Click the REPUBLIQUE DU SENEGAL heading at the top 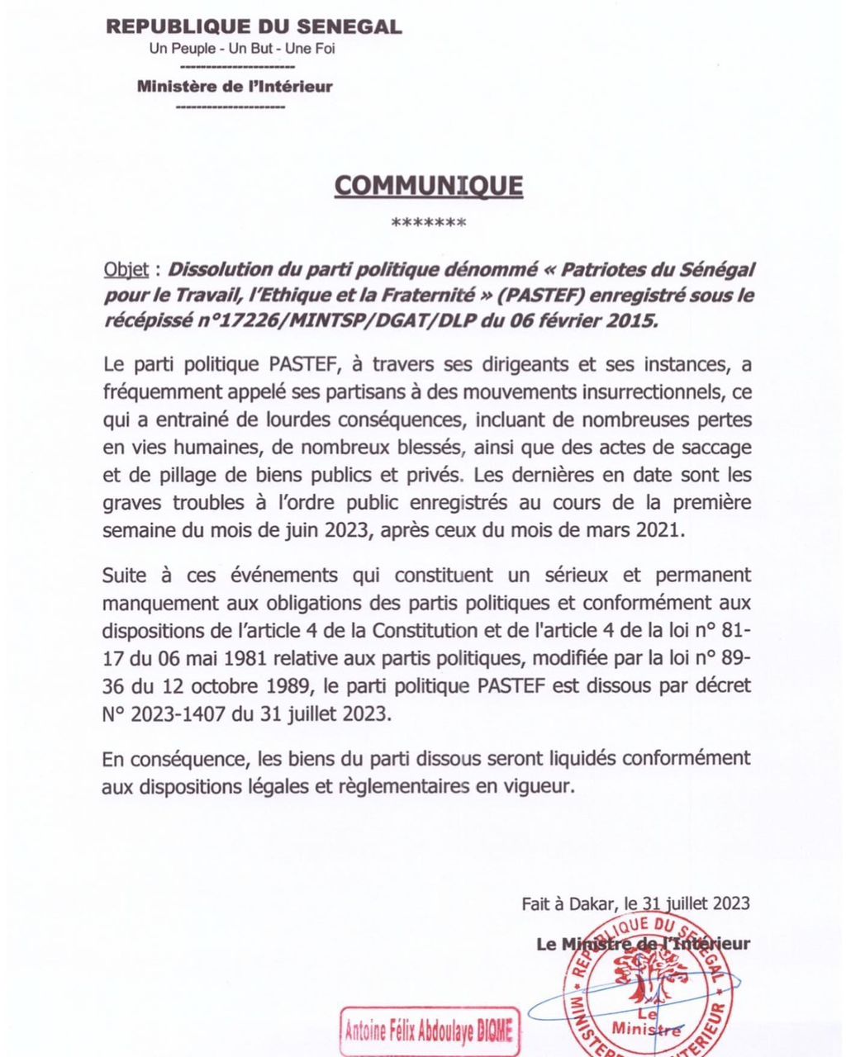(x=254, y=26)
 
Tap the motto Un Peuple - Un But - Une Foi (x=242, y=49)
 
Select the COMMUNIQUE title (x=428, y=185)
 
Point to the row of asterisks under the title (x=428, y=223)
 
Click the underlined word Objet (x=126, y=270)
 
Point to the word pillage (x=173, y=475)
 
